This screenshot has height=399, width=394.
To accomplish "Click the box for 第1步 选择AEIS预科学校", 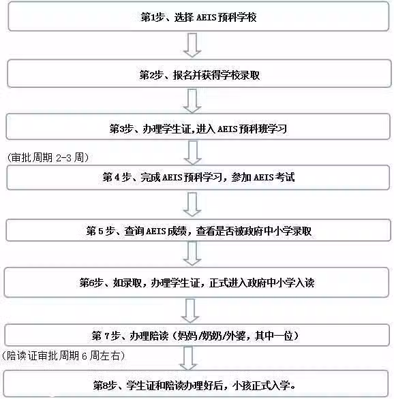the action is (198, 16).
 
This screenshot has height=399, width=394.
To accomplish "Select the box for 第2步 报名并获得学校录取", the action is (199, 74).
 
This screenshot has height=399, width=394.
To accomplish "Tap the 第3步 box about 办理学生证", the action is (198, 127).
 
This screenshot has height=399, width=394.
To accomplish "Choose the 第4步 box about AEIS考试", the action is (198, 177).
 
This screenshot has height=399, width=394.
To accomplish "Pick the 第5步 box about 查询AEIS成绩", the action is (198, 230).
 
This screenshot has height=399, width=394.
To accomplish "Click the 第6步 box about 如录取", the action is (196, 283).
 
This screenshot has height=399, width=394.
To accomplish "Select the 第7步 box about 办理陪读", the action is (197, 335).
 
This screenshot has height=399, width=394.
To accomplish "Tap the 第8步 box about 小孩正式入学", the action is (196, 384).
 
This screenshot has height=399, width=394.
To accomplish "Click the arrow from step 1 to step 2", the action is (192, 45).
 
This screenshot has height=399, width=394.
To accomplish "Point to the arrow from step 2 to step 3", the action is (192, 101).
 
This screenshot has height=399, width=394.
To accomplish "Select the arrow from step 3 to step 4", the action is (193, 153).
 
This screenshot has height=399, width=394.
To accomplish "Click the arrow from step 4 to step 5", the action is (192, 204).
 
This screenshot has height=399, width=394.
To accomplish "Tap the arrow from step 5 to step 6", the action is (192, 253).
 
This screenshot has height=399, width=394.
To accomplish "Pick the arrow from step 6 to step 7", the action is (190, 311).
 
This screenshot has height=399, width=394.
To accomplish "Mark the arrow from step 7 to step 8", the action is (188, 358).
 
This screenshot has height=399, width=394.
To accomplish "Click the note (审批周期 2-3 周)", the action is (48, 157).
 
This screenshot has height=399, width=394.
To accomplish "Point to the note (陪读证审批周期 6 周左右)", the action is (63, 355).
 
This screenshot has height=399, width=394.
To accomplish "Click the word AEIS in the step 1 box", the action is (207, 17).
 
